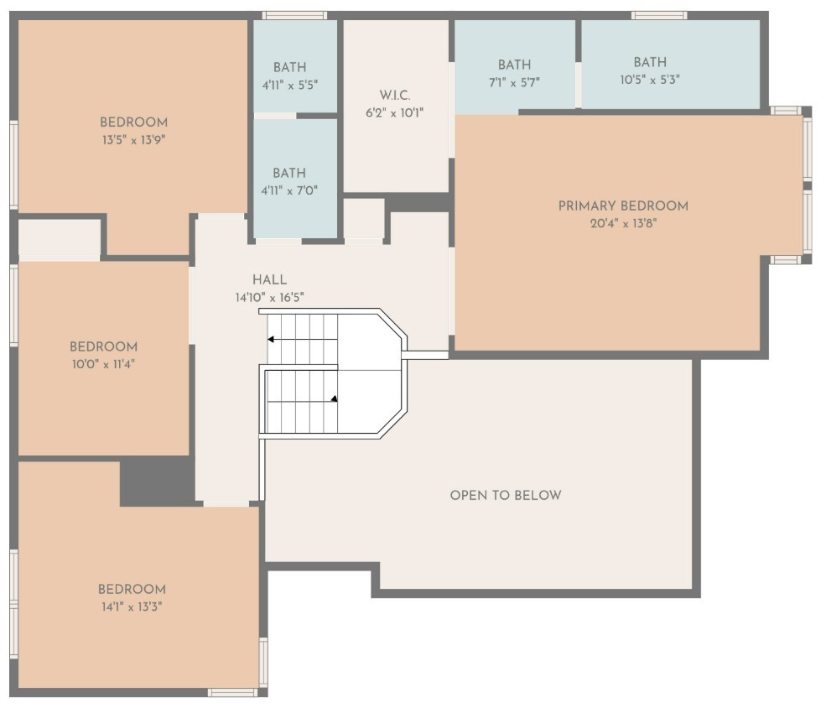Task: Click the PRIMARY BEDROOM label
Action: (623, 206)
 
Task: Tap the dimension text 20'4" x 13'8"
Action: (623, 223)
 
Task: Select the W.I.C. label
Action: (394, 95)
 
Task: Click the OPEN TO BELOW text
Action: (506, 495)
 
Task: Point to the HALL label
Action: (269, 280)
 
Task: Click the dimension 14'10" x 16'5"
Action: (269, 297)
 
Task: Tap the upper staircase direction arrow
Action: (273, 340)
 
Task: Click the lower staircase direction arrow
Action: (334, 399)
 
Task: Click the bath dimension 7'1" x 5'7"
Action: (514, 82)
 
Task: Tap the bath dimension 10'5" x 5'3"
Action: (650, 80)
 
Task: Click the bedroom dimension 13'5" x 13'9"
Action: (133, 140)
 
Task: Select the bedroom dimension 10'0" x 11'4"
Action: (103, 364)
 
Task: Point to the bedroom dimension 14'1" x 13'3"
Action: (131, 606)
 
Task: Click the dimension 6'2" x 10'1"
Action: (394, 112)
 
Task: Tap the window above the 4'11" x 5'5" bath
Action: (294, 15)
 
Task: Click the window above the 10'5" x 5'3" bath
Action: (659, 15)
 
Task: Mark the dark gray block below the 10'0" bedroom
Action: (156, 482)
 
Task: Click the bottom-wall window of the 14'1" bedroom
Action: (232, 692)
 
